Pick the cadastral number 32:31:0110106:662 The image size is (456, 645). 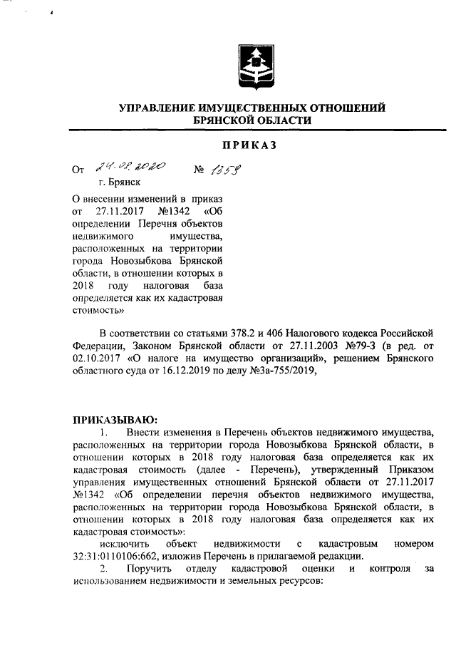(118, 556)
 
